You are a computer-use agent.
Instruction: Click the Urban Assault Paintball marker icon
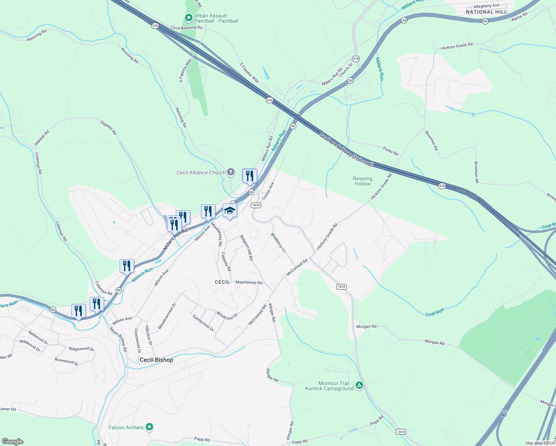tap(188, 17)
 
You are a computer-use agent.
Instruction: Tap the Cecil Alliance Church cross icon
tap(231, 172)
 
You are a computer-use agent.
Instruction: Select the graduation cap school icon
tap(230, 211)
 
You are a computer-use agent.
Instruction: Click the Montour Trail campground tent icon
tap(359, 385)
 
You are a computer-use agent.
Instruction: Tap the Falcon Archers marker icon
tap(149, 427)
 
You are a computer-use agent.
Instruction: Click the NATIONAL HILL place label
tap(486, 12)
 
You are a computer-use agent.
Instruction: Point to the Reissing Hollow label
tap(362, 181)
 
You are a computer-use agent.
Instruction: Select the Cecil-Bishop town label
tap(156, 360)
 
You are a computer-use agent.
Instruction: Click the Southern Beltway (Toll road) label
tap(346, 150)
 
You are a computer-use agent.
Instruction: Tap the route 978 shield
tap(356, 59)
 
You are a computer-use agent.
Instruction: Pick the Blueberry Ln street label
tap(278, 243)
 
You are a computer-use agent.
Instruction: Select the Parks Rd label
tap(390, 151)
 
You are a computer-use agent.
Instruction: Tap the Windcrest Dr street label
tap(227, 316)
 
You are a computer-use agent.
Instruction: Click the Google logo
tap(13, 442)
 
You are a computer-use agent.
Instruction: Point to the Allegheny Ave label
tap(486, 6)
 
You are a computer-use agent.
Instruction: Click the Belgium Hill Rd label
tap(246, 248)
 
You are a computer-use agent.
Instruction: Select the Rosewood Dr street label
tap(67, 361)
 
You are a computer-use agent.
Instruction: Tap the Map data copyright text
tap(540, 443)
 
